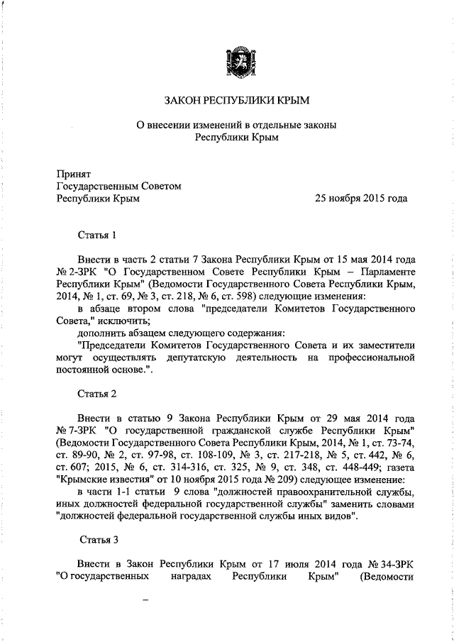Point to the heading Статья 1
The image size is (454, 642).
pos(96,233)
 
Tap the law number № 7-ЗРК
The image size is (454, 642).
pos(76,431)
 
